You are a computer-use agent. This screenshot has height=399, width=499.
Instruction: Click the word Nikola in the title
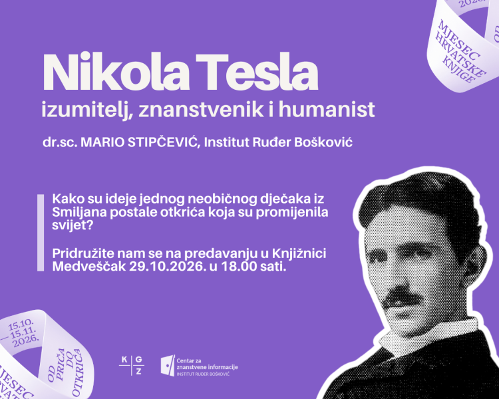[x=116, y=72]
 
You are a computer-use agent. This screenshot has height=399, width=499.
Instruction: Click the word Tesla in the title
[x=257, y=72]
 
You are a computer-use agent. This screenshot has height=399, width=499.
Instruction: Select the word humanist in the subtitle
[x=327, y=109]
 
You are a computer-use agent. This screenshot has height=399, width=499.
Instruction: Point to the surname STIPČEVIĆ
[x=164, y=142]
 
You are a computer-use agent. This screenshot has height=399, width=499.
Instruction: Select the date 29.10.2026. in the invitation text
[x=166, y=266]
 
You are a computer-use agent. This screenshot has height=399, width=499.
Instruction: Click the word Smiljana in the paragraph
[x=79, y=213]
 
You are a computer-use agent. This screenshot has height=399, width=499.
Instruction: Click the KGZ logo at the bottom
[x=131, y=365]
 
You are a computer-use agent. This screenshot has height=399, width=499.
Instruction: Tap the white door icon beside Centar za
[x=168, y=365]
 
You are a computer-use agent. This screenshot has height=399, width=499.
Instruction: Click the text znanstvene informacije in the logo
[x=207, y=367]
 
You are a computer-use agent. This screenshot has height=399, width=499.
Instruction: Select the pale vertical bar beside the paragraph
[x=41, y=233]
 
